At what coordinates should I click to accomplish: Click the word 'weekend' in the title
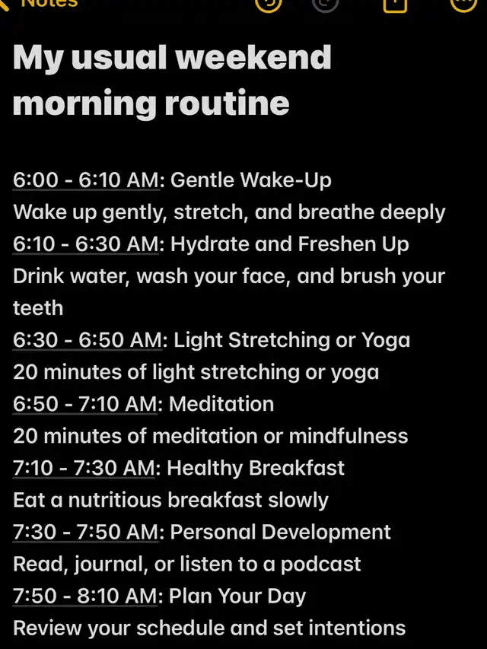point(253,57)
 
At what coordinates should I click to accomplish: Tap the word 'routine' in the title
point(227,103)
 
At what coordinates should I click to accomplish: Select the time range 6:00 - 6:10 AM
point(86,180)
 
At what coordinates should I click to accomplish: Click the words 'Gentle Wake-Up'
point(250,180)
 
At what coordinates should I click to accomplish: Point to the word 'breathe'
point(336,212)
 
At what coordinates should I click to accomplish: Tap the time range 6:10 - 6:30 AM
point(86,243)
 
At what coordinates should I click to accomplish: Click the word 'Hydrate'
point(210,244)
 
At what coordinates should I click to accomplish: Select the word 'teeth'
point(38,308)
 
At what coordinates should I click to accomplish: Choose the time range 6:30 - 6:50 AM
point(88,340)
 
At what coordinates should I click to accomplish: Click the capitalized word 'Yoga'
point(386,341)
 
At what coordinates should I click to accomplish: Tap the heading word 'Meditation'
point(221,403)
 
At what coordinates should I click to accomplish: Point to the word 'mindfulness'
point(349,436)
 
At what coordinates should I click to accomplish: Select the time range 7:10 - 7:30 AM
point(84,468)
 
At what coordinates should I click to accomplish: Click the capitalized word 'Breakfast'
point(297,468)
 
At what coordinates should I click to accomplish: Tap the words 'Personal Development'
point(280,533)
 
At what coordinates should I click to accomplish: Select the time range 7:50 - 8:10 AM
point(85,596)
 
